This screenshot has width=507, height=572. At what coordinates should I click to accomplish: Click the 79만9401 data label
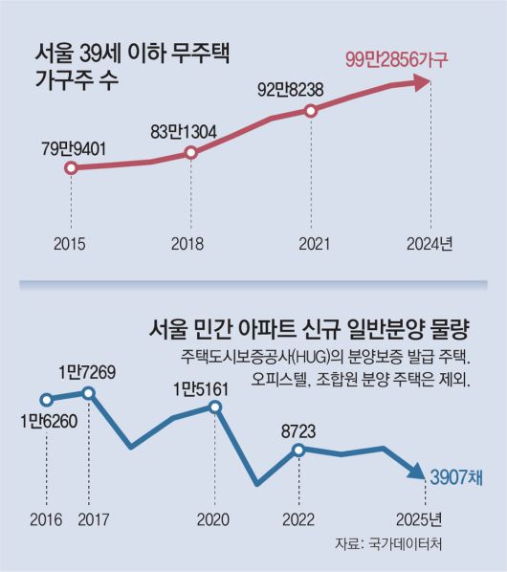[x=73, y=149]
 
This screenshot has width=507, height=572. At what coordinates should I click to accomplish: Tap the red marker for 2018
[x=191, y=152]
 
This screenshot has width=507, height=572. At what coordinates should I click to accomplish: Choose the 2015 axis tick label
[x=71, y=244]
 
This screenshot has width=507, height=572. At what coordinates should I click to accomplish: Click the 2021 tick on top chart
[x=310, y=244]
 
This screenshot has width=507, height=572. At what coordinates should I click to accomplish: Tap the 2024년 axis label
[x=429, y=244]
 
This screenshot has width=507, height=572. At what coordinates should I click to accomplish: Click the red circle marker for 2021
[x=310, y=111]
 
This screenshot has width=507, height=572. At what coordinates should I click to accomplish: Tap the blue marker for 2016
[x=46, y=400]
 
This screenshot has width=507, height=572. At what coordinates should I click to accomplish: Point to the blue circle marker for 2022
[x=300, y=449]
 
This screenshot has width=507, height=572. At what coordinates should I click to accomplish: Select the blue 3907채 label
[x=454, y=475]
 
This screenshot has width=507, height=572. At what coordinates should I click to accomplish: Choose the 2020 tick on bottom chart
[x=214, y=520]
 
